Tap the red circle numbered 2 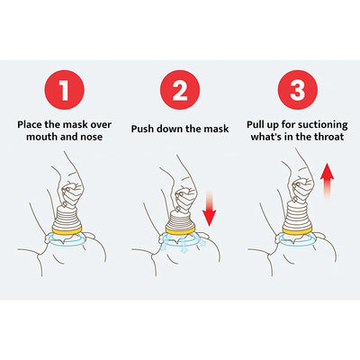180,91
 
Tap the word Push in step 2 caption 146,127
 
